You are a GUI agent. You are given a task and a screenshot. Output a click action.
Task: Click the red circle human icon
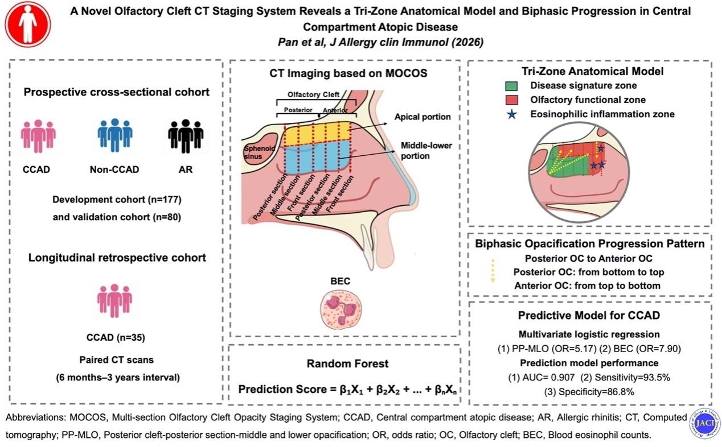(27, 24)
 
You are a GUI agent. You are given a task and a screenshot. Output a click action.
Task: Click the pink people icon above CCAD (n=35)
(114, 300)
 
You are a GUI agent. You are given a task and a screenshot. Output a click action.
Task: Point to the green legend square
(511, 86)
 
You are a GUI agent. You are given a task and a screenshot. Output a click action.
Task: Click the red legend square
(511, 100)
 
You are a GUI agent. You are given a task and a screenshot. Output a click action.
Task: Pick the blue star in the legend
(511, 114)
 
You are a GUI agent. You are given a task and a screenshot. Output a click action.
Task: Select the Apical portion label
(422, 117)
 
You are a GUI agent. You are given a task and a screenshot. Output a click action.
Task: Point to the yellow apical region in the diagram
(317, 134)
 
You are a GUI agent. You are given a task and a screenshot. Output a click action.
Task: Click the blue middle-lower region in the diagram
(317, 161)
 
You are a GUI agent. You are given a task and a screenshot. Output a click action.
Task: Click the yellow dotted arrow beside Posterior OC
(494, 271)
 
